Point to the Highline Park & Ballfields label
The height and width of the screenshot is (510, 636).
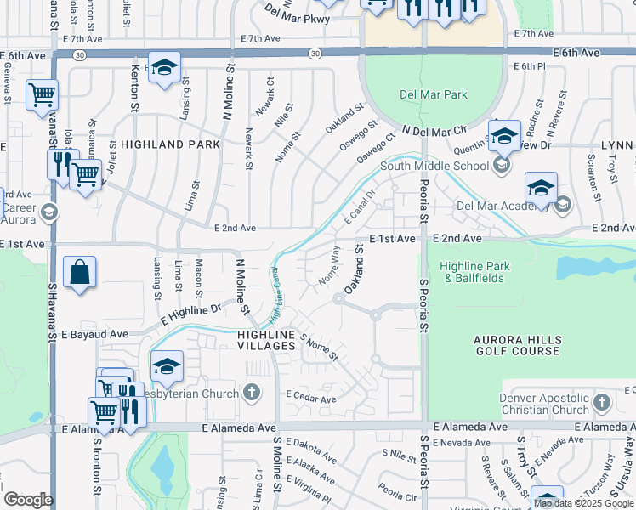point(475,272)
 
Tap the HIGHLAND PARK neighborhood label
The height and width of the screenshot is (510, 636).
point(170,145)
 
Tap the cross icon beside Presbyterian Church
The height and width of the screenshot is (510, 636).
point(251,392)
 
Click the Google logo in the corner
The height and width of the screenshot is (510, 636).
point(28,500)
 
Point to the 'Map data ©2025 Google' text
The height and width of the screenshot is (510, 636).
point(583,503)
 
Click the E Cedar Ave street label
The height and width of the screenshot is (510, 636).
point(311,396)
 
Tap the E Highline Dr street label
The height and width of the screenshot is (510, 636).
point(190,316)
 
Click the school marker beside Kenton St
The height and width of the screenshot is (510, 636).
point(164,68)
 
